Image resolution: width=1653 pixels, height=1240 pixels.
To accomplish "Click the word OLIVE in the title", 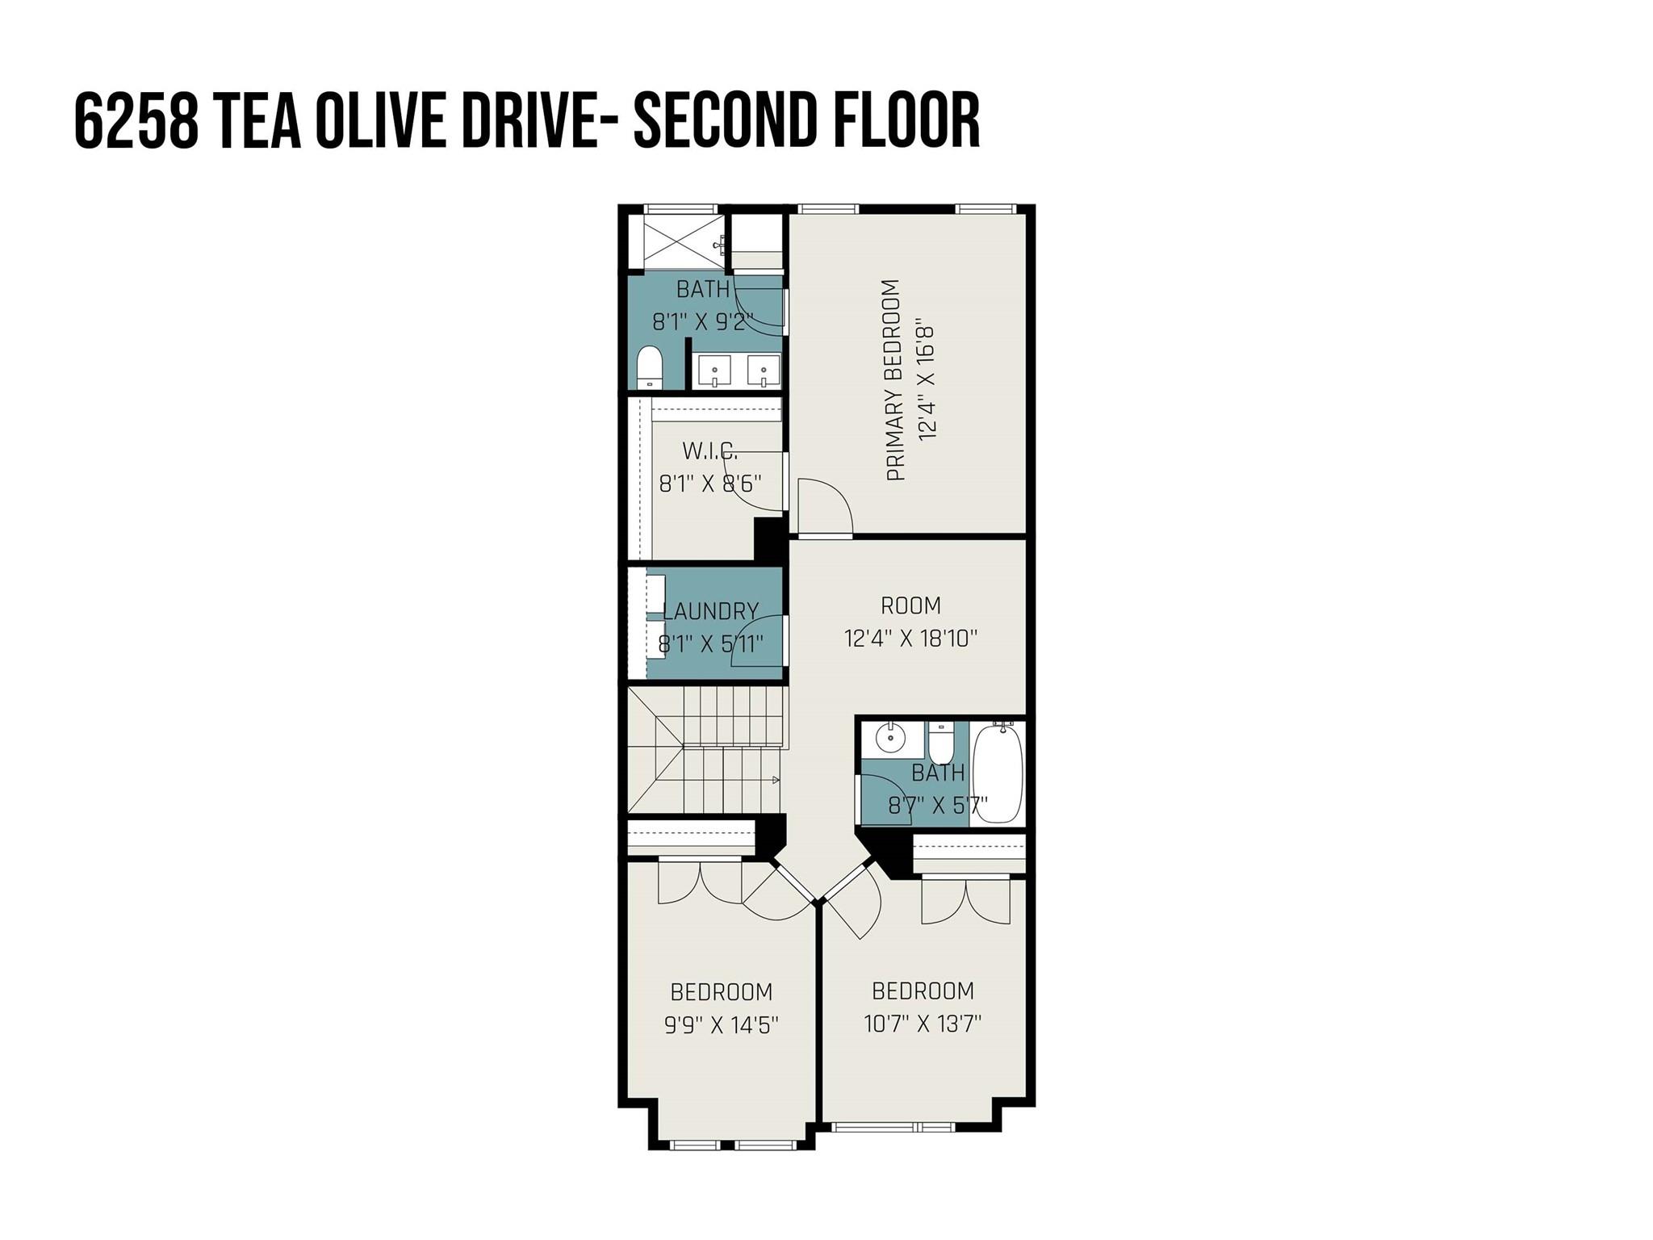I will [x=380, y=120].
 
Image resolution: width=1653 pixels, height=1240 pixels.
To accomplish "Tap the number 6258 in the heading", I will [x=136, y=120].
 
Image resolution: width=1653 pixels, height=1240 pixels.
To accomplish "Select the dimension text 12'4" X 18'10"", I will [x=910, y=639].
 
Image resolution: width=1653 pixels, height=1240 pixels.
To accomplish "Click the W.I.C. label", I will [x=709, y=450].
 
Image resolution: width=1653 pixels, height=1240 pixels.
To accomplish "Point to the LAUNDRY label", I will [x=710, y=611].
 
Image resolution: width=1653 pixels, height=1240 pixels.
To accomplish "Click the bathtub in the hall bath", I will [x=997, y=773].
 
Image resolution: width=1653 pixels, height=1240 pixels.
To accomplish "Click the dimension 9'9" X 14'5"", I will [x=721, y=1025].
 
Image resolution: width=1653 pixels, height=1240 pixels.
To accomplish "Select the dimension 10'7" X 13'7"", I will [x=922, y=1024].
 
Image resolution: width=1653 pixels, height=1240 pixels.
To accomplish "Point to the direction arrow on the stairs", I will [x=775, y=780].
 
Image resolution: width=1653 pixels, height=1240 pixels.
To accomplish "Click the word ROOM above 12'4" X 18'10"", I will [x=910, y=605].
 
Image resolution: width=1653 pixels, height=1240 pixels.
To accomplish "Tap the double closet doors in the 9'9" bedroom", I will [x=700, y=884].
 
